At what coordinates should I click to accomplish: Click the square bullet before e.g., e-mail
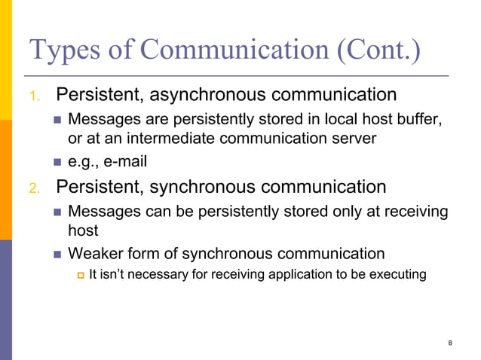(59, 162)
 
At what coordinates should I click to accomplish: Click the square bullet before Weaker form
(59, 254)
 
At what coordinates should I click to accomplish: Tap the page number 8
(450, 343)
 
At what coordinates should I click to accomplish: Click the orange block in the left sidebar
(6, 180)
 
